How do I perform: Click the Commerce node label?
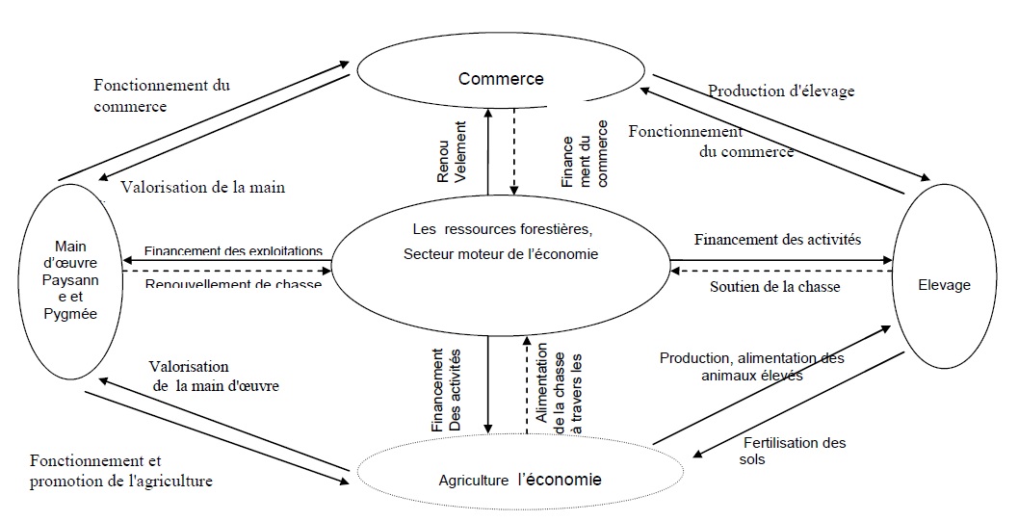501,79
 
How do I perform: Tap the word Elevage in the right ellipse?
945,285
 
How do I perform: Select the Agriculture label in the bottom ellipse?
470,480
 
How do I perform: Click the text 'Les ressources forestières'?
501,230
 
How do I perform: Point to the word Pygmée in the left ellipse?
77,314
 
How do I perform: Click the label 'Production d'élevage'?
781,91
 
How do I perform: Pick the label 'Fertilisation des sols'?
795,451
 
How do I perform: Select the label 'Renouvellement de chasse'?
233,285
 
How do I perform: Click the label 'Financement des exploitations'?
233,251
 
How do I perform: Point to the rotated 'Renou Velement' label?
453,153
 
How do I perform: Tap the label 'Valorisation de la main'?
203,188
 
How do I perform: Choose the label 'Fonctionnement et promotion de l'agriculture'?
121,470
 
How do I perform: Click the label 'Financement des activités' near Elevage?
777,240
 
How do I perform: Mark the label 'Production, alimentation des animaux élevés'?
751,367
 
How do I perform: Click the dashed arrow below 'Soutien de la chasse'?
781,271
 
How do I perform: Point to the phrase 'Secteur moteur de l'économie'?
501,255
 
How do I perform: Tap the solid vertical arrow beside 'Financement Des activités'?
489,384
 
